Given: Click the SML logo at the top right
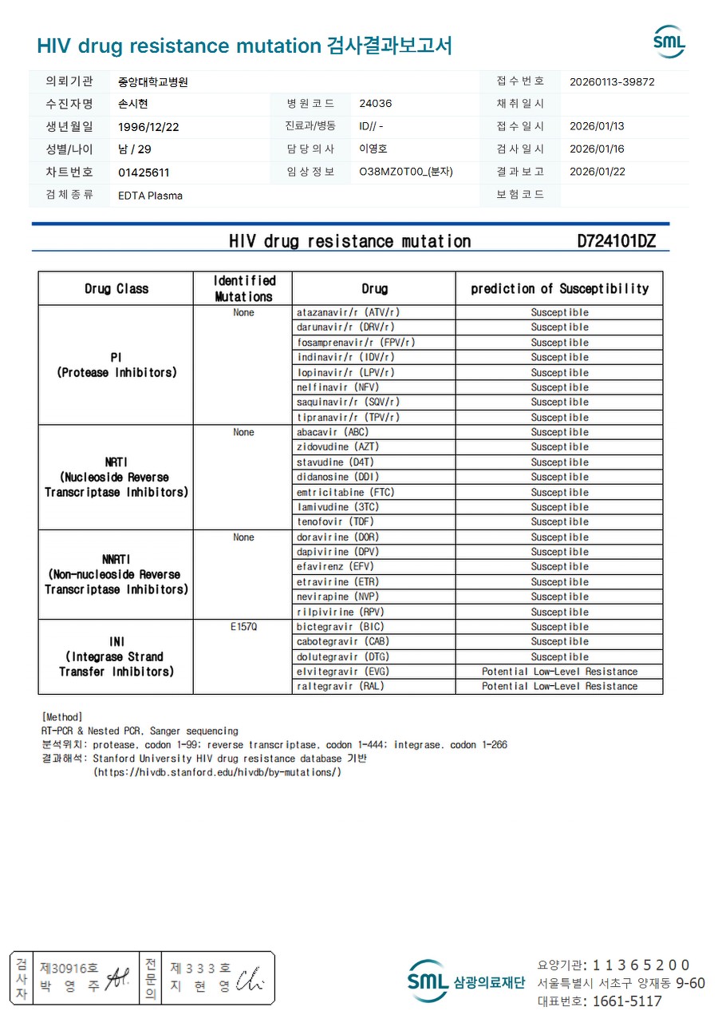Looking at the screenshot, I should (x=669, y=42).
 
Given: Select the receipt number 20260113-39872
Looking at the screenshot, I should (x=612, y=81).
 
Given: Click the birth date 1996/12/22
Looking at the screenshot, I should (x=148, y=127).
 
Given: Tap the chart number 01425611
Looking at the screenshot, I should (x=144, y=172).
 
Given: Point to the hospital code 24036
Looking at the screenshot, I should (x=376, y=104).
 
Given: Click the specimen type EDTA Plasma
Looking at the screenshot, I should (x=150, y=196).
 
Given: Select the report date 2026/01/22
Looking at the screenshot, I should (x=597, y=172).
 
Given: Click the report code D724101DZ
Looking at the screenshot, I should (x=616, y=241).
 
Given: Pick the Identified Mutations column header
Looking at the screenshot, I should (x=243, y=288).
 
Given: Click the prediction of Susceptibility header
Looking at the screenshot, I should (x=559, y=288).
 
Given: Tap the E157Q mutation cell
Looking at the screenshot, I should (x=243, y=627).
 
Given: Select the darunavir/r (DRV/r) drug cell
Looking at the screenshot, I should (x=345, y=327).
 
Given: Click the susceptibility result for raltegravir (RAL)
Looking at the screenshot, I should (x=559, y=686).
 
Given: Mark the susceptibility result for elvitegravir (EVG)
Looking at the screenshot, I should (x=559, y=672).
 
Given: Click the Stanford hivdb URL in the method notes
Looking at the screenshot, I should (x=218, y=772).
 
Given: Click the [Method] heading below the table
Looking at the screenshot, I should (x=62, y=717).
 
